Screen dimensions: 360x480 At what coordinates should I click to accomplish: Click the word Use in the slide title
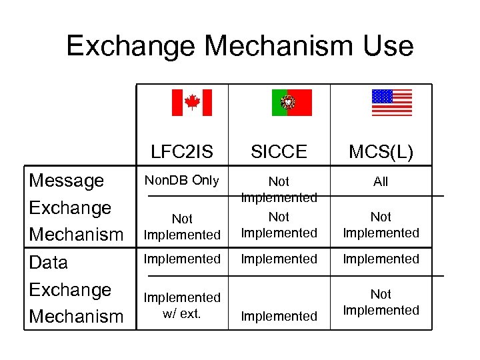pos(388,46)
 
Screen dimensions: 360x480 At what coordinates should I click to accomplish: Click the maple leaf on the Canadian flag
pos(192,102)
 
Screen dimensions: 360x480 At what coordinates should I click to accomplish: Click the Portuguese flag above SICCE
pos(291,103)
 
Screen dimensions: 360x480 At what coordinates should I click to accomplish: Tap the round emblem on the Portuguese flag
pos(287,103)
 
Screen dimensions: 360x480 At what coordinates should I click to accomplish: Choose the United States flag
pos(391,103)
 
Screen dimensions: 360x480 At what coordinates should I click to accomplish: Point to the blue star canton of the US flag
pos(382,96)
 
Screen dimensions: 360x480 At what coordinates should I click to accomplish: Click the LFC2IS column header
pos(182,151)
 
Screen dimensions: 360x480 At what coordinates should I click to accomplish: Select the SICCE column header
pos(279,151)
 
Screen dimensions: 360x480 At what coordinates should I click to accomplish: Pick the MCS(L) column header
pos(381,151)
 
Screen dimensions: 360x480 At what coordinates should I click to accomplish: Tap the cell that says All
pos(381,181)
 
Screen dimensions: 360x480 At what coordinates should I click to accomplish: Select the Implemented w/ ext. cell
pos(182,305)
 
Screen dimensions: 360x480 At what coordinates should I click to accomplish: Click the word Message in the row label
pos(67,181)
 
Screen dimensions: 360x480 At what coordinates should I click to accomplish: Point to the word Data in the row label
pos(49,262)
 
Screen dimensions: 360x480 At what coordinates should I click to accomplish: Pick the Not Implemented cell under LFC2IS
pos(182,227)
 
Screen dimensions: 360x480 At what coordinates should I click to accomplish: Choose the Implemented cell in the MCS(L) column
pos(381,259)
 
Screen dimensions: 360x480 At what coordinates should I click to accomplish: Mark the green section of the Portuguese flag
pos(277,103)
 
